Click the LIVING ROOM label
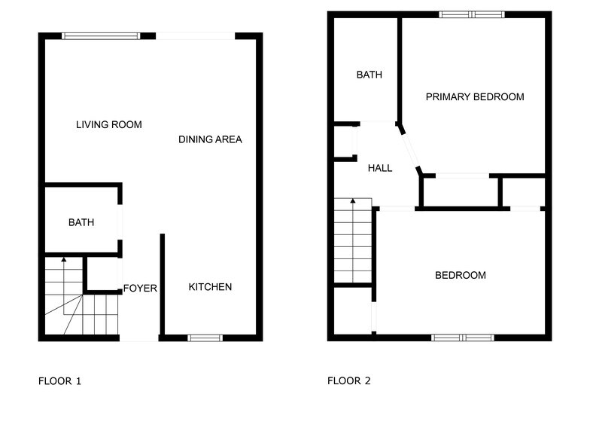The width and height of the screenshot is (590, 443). point(109,124)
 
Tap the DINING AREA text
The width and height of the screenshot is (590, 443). point(210,139)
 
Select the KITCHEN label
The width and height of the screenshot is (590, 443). point(210,287)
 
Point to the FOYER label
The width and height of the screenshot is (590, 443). point(140,289)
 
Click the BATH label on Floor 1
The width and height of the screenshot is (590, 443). point(81,222)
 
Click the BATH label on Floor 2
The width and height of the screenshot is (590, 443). point(369,75)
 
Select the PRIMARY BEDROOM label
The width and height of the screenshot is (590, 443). point(474,96)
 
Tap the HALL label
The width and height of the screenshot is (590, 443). point(380,168)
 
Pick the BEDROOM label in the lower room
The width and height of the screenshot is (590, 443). point(461,275)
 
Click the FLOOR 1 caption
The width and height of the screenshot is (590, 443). point(59,381)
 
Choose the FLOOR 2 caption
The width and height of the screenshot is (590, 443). point(348,381)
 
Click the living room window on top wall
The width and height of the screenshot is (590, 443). point(101,35)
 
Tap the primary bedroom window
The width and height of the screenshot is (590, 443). point(473,14)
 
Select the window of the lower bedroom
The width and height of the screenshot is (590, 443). point(463,338)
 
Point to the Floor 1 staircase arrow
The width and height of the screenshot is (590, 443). point(63,260)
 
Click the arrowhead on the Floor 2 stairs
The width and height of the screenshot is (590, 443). point(353,200)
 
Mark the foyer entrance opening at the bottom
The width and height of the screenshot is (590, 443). point(139,338)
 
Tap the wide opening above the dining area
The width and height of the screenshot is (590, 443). point(196,35)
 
